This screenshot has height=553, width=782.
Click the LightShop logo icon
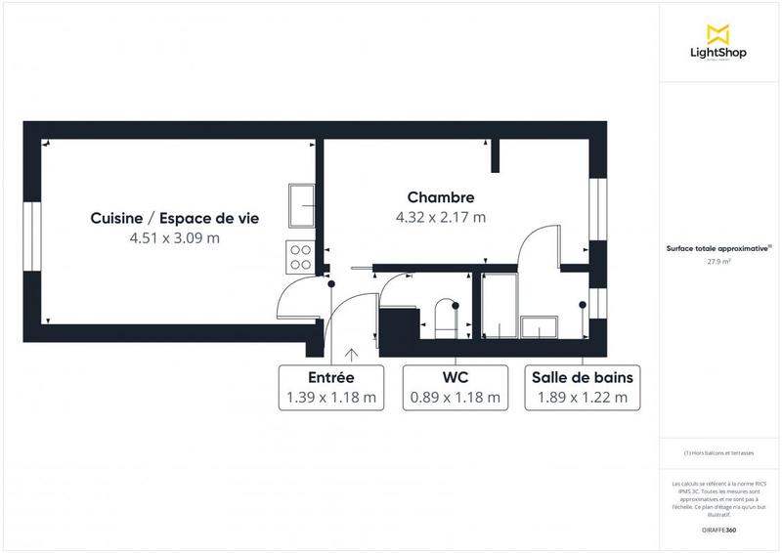coord(718,34)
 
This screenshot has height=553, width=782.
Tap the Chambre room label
coord(441,197)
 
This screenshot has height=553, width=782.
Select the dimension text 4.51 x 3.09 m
coord(174,237)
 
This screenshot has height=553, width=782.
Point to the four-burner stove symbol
coord(300,256)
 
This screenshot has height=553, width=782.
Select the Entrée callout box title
coord(330,377)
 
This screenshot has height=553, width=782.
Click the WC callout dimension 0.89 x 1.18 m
coord(455,398)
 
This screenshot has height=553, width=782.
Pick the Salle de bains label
coord(582,377)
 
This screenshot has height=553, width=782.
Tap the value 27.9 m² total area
coord(718,262)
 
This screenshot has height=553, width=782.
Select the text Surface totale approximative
coord(717,249)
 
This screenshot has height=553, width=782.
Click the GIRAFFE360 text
coord(718,528)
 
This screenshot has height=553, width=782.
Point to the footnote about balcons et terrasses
coord(718,452)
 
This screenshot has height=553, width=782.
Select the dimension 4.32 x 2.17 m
coord(441,217)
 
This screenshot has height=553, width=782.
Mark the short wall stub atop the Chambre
coord(496,154)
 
